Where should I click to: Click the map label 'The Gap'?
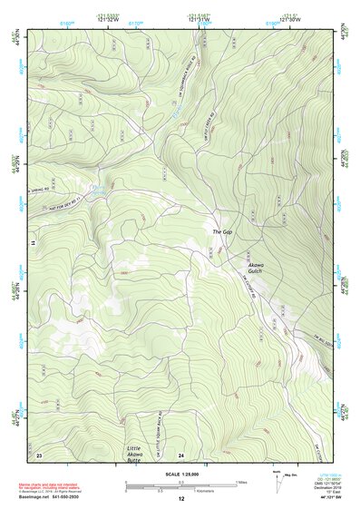(223, 233)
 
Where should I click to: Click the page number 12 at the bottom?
(180, 500)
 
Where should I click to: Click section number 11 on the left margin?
(35, 243)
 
